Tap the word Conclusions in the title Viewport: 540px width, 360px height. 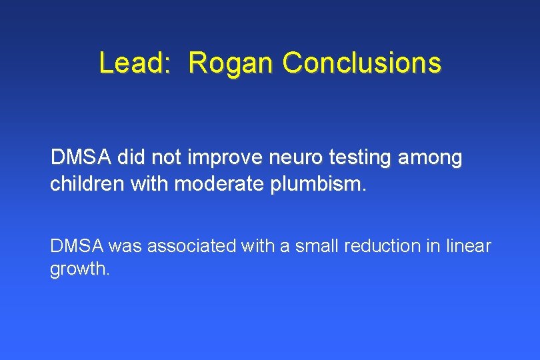click(361, 63)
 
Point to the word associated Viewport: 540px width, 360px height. click(189, 246)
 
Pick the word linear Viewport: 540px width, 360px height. click(467, 246)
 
